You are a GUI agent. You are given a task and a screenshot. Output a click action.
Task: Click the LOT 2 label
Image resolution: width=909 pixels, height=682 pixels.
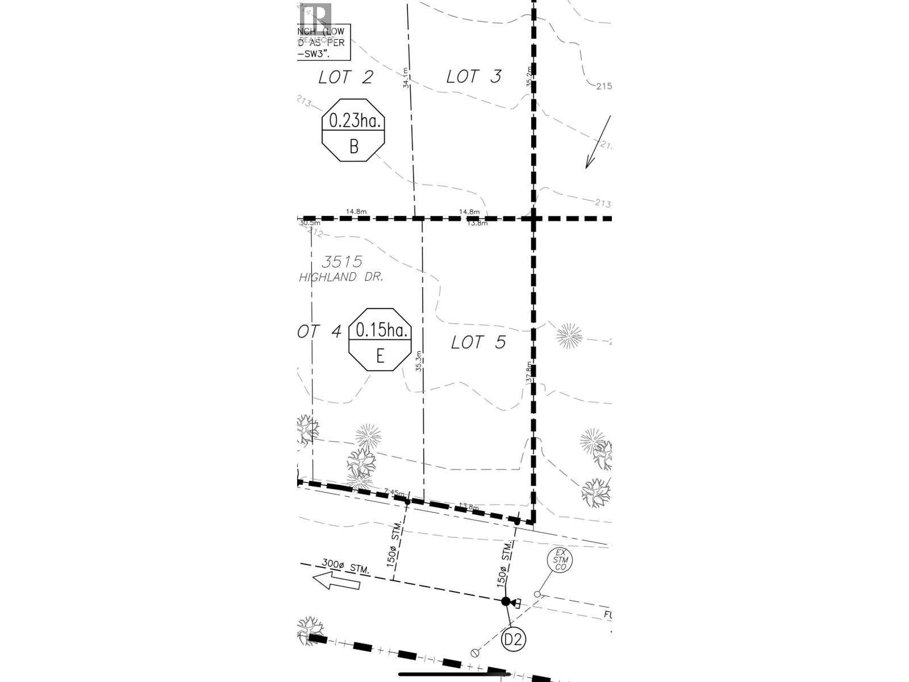point(345,77)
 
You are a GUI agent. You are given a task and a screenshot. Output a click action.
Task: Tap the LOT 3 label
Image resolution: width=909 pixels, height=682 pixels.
point(474,76)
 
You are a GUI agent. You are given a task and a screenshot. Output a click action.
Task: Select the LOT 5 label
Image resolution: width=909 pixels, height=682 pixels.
point(478,342)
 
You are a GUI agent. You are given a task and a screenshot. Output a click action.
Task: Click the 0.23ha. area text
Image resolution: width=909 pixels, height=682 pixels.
point(353,120)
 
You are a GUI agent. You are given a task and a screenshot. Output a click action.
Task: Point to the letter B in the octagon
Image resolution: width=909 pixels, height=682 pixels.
point(353,147)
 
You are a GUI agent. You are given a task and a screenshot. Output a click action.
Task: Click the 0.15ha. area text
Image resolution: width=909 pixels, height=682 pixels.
point(380,330)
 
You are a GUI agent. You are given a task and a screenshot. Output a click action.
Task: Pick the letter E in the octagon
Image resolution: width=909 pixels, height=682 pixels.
point(380,356)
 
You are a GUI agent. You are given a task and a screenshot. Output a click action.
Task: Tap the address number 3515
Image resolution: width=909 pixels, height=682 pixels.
point(342,261)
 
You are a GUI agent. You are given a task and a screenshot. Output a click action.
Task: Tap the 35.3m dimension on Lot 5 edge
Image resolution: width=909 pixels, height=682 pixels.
point(419,361)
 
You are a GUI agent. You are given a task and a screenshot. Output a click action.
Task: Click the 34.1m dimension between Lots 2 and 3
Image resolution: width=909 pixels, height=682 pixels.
point(406,77)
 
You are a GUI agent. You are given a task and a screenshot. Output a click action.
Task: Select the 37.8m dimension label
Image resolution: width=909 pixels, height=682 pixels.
point(528,372)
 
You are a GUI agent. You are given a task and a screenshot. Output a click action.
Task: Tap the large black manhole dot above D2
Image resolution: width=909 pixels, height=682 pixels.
point(506,601)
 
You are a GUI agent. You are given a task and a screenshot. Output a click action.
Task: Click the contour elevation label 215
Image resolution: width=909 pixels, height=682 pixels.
point(604,86)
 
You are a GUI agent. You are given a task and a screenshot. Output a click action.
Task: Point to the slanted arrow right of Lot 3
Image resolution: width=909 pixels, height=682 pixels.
point(598,142)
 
